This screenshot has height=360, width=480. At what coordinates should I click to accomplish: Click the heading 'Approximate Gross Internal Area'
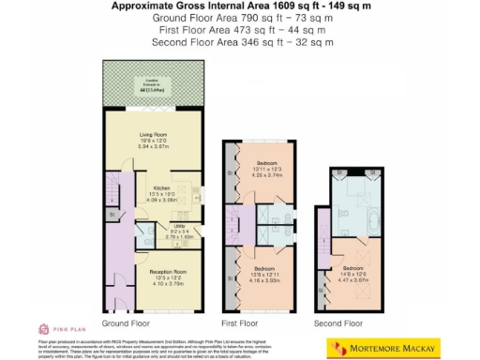239,6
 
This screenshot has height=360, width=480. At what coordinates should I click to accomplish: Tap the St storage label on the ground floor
112,215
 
